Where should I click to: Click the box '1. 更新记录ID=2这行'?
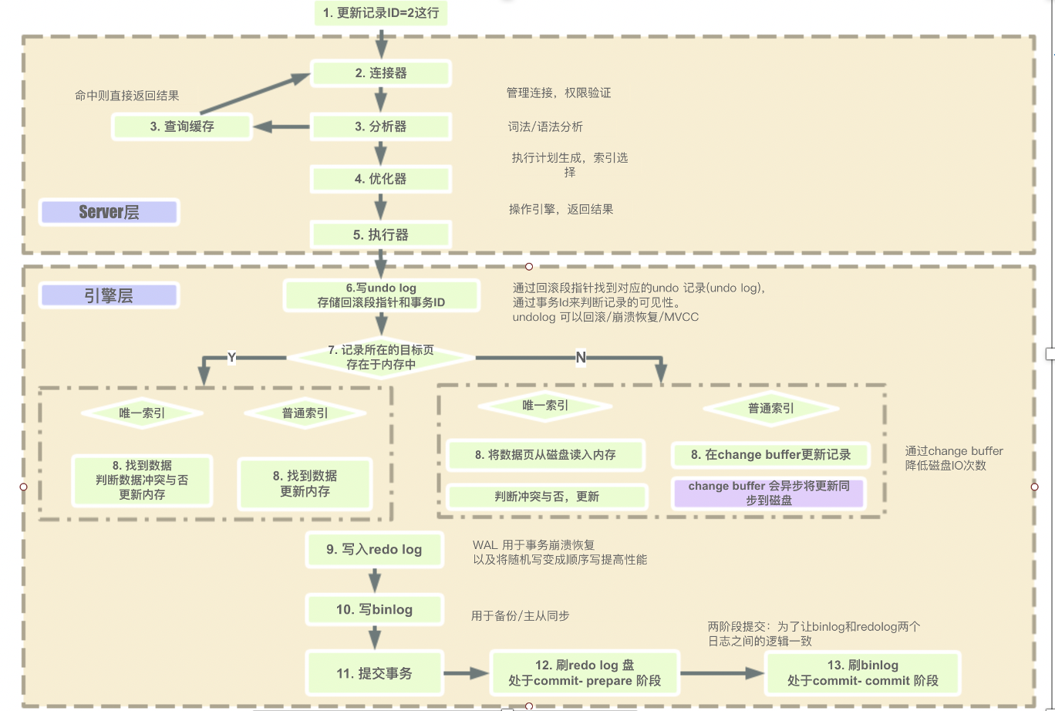click(381, 13)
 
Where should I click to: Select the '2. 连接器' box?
click(381, 73)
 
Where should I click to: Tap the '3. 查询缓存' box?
click(182, 126)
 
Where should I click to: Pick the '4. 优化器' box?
click(381, 179)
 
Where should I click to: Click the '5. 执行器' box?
click(381, 234)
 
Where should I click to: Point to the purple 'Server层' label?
click(110, 212)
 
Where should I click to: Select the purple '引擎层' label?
click(110, 295)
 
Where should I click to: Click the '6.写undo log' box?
click(381, 295)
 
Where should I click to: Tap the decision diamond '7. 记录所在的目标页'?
click(381, 357)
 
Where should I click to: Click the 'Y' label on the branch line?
click(231, 357)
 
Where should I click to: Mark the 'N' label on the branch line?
click(581, 357)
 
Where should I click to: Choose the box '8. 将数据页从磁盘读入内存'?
click(545, 455)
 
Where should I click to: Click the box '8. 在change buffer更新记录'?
click(770, 455)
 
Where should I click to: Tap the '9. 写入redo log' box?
click(374, 549)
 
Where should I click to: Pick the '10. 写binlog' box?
click(374, 609)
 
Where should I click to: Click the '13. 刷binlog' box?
click(863, 672)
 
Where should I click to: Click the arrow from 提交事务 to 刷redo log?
click(467, 673)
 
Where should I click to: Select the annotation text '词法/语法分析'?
click(540, 126)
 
